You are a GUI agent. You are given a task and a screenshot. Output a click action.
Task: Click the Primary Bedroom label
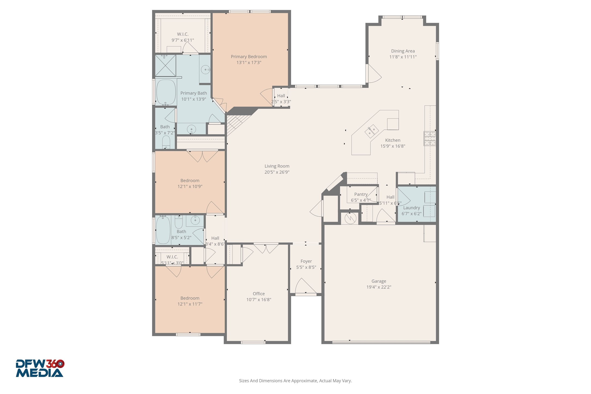(249, 57)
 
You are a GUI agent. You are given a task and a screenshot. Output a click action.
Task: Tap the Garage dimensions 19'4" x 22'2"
(378, 287)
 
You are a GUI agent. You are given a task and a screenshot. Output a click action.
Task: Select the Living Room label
(277, 166)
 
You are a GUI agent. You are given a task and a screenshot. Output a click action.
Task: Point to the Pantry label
(361, 194)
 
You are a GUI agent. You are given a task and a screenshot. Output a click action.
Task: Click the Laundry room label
(411, 208)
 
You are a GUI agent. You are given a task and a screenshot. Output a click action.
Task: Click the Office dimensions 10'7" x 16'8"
(258, 300)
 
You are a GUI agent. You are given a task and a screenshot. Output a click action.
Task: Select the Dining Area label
(403, 51)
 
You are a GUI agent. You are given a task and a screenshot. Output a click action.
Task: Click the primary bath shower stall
(165, 66)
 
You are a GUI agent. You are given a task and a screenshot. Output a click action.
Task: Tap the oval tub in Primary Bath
(166, 92)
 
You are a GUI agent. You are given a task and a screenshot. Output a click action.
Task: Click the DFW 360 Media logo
(40, 368)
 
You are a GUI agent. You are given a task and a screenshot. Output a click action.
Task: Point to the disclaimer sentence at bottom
(295, 381)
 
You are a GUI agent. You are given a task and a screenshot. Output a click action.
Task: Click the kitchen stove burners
(430, 138)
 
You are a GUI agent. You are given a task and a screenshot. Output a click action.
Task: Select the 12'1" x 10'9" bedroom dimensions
(190, 187)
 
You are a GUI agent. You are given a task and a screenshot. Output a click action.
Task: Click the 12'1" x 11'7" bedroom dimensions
(190, 304)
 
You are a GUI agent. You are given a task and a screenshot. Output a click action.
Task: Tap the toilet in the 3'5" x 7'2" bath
(166, 142)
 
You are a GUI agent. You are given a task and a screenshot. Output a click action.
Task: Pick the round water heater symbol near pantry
(350, 218)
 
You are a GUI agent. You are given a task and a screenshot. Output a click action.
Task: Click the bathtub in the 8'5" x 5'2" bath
(163, 230)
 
